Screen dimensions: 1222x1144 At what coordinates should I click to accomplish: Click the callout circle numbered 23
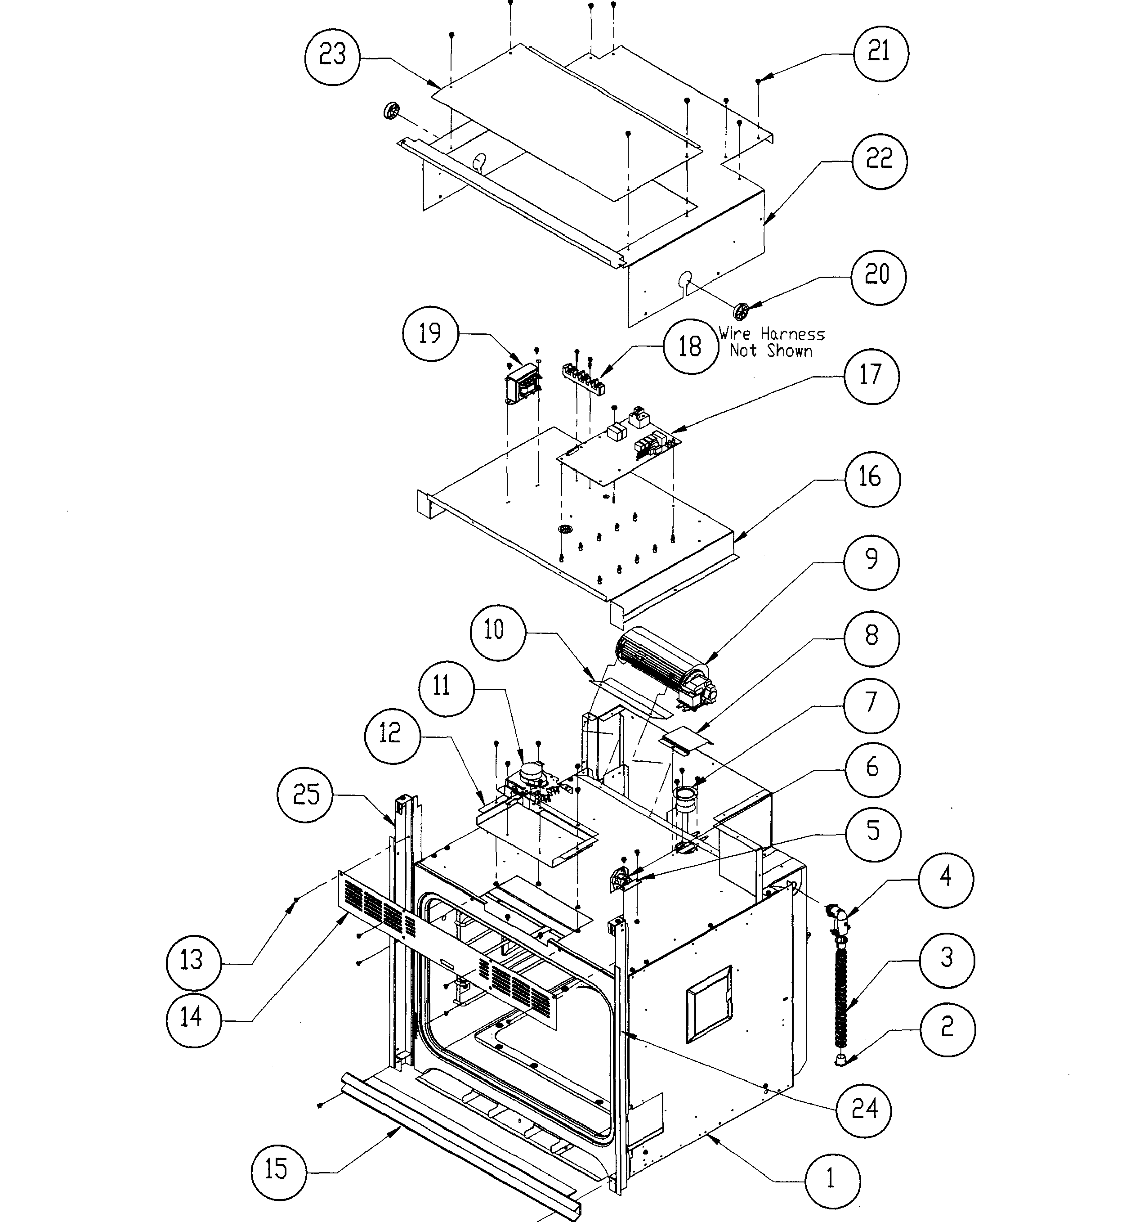(x=332, y=56)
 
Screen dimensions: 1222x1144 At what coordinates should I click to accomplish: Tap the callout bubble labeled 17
(x=871, y=376)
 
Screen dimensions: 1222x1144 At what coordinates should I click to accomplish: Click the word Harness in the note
(x=792, y=334)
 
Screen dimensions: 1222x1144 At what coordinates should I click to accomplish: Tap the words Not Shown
(x=771, y=351)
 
